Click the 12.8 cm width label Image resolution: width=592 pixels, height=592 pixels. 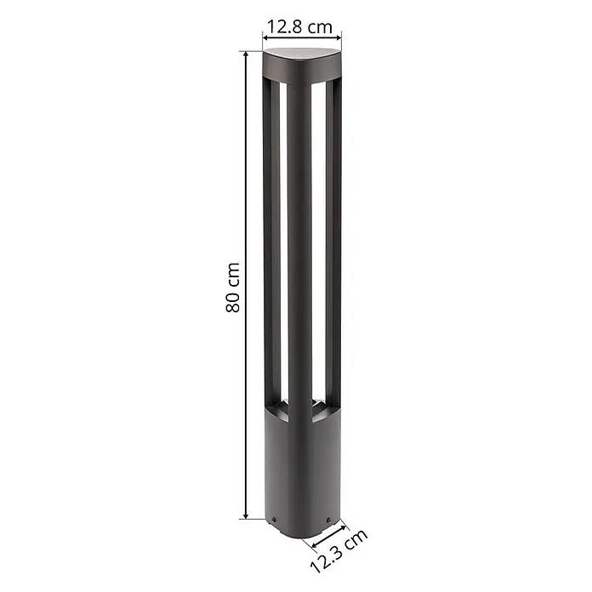(x=299, y=27)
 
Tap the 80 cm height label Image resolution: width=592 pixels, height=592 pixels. (x=232, y=287)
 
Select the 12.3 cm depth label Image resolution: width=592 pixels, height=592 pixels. (x=339, y=551)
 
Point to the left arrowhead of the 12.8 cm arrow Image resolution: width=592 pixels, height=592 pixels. (x=266, y=37)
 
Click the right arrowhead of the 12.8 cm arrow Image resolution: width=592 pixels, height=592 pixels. (x=338, y=37)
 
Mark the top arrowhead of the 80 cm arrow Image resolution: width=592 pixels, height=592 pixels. (x=246, y=55)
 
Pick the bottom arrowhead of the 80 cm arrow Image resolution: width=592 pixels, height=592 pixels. (x=246, y=515)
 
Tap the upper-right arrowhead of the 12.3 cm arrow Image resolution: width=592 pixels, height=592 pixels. (x=341, y=527)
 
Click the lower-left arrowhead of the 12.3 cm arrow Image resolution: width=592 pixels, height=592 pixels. (x=316, y=544)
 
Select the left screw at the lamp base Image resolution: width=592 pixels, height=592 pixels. (x=274, y=520)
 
